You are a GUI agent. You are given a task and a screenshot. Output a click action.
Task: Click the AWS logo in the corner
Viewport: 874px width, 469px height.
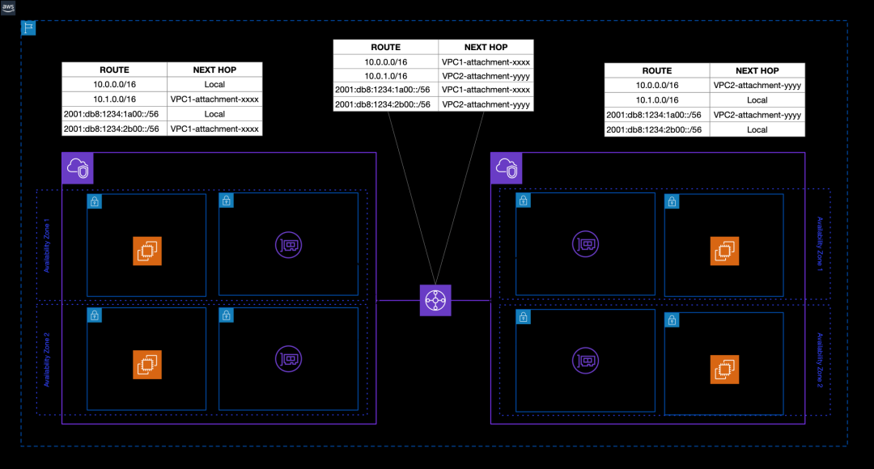pyautogui.click(x=8, y=7)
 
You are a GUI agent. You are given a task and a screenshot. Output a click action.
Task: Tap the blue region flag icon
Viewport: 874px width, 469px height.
pyautogui.click(x=28, y=28)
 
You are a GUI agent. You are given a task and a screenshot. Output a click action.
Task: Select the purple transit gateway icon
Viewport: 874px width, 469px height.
pyautogui.click(x=435, y=300)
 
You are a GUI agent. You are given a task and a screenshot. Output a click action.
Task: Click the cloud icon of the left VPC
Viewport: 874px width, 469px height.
pyautogui.click(x=78, y=168)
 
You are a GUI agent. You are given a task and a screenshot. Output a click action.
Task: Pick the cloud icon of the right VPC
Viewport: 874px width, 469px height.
pyautogui.click(x=507, y=168)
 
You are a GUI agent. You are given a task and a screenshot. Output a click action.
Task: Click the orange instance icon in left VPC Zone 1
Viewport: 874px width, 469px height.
pyautogui.click(x=147, y=251)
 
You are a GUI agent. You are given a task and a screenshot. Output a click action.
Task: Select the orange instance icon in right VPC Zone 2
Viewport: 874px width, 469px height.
pyautogui.click(x=724, y=370)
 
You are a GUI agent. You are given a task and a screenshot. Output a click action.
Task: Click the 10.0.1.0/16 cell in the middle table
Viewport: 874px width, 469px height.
pyautogui.click(x=385, y=75)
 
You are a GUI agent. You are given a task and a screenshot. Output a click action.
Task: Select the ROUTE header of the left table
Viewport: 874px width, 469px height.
pyautogui.click(x=114, y=70)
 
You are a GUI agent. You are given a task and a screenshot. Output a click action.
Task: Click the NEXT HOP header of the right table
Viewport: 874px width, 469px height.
pyautogui.click(x=757, y=71)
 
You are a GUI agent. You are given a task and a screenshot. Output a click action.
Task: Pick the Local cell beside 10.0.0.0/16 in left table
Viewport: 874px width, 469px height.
pyautogui.click(x=214, y=85)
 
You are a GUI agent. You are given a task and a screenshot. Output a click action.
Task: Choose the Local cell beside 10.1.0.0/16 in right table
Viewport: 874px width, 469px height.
pyautogui.click(x=757, y=100)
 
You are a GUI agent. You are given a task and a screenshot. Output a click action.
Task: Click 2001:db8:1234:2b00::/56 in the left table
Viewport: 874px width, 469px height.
pyautogui.click(x=114, y=129)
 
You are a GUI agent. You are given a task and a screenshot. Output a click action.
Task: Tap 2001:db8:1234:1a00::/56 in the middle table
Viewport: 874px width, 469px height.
pyautogui.click(x=385, y=90)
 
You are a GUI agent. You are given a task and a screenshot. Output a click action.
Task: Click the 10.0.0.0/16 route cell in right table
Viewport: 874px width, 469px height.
pyautogui.click(x=657, y=86)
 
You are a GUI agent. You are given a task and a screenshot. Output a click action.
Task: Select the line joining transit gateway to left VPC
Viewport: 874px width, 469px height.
pyautogui.click(x=398, y=300)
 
